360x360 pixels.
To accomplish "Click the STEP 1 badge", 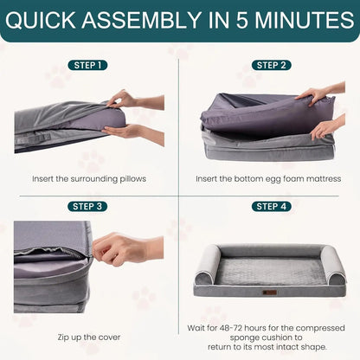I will tap(89, 65).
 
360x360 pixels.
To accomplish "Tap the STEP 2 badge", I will tap(270, 65).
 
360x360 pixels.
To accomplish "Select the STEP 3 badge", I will tap(89, 206).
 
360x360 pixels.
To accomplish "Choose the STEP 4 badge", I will tap(270, 206).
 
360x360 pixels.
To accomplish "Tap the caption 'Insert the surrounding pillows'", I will tap(89, 178).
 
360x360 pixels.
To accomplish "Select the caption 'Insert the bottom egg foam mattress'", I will tap(270, 178).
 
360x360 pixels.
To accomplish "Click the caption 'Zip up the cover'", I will tap(89, 337).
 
